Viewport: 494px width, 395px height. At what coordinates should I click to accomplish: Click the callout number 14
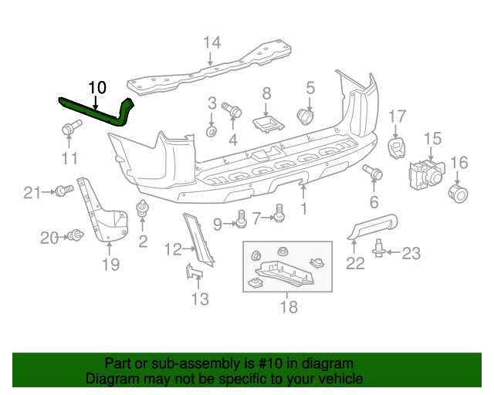(x=212, y=42)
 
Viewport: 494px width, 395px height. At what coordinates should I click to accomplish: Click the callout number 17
(x=397, y=116)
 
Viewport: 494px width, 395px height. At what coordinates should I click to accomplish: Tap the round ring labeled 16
(x=458, y=193)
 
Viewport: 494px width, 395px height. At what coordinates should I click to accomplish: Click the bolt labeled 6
(x=373, y=173)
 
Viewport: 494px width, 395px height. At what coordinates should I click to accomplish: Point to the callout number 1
(x=303, y=208)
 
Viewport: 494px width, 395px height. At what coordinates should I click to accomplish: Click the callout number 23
(x=411, y=252)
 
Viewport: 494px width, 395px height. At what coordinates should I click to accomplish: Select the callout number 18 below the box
(x=288, y=306)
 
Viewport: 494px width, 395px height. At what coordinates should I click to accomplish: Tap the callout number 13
(x=200, y=299)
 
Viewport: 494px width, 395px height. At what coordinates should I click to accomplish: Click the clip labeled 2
(x=143, y=209)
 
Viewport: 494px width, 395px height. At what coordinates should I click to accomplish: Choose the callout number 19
(x=110, y=265)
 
